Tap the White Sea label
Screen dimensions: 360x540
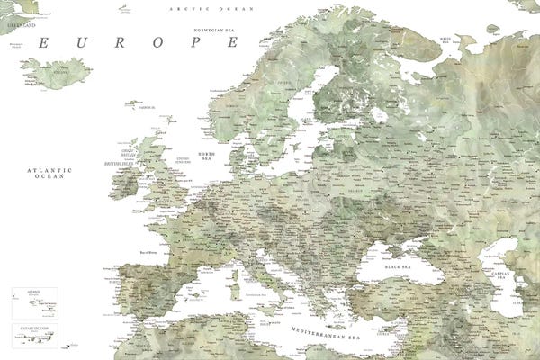(x=445, y=39)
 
